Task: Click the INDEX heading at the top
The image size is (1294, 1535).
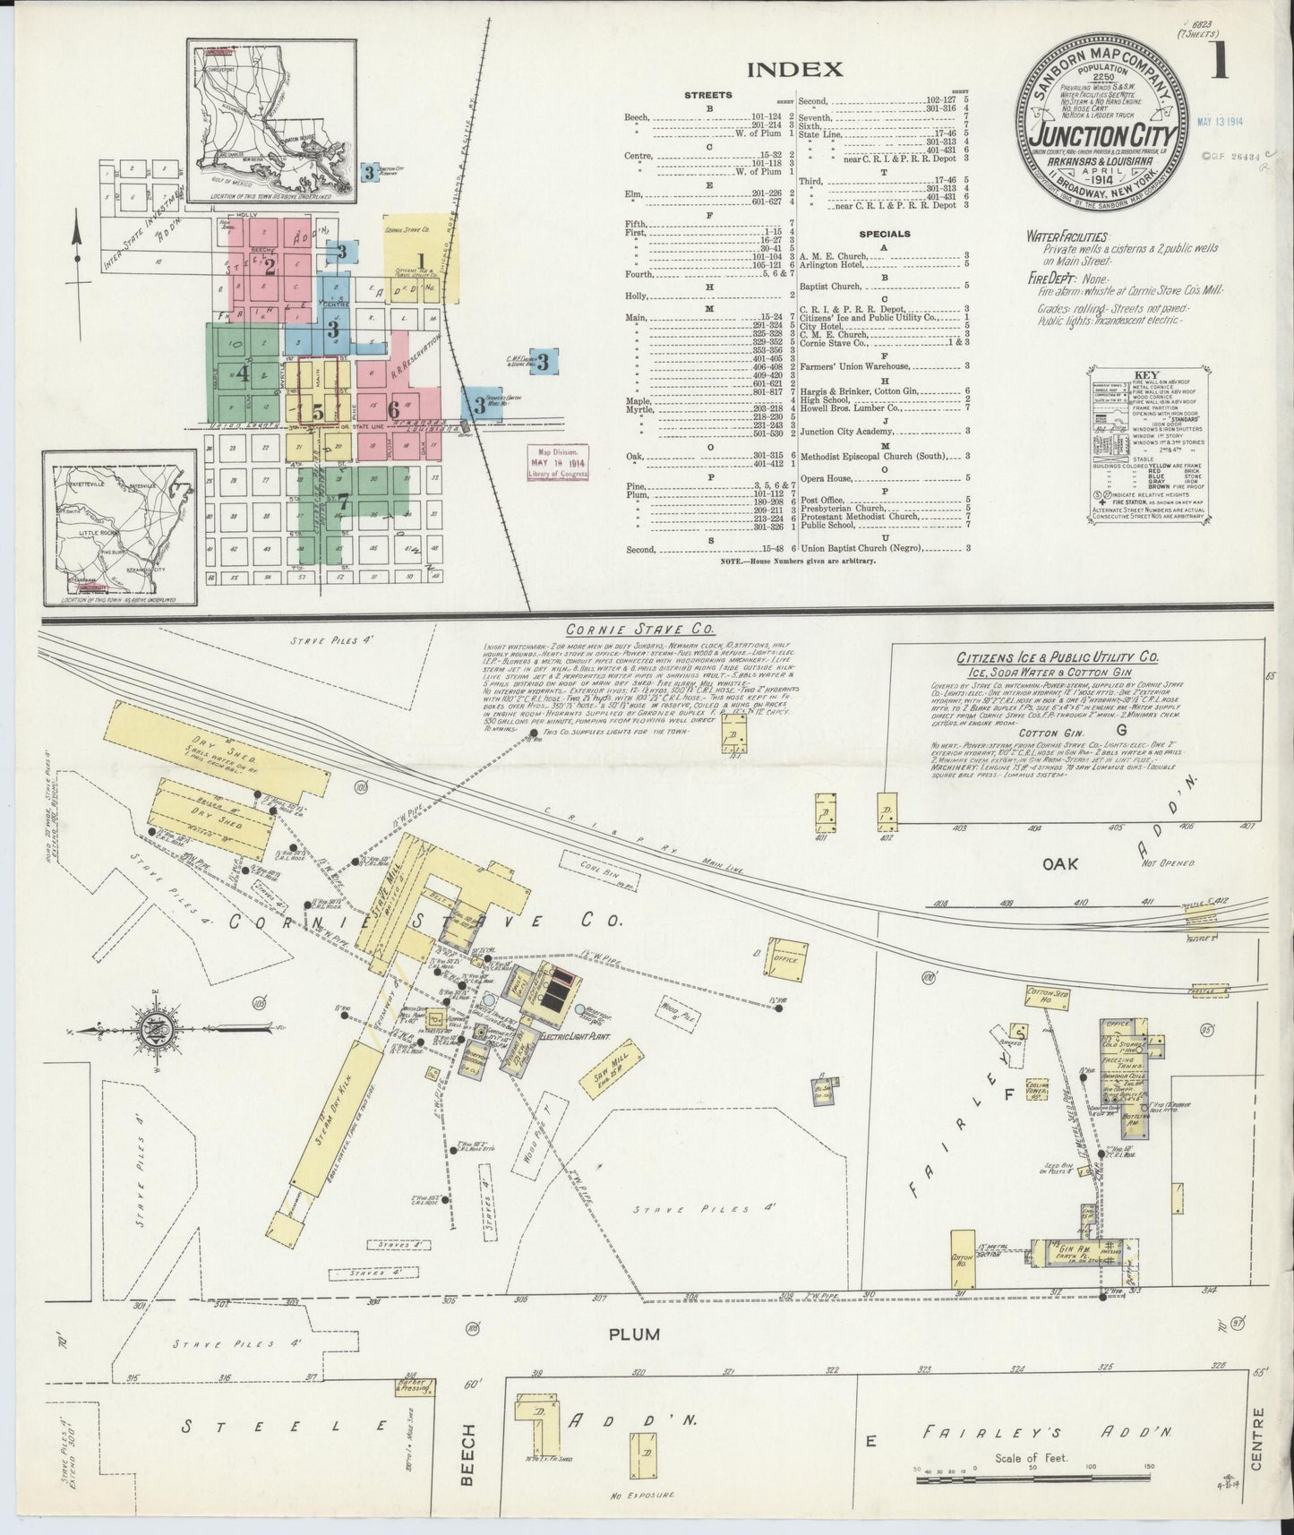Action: click(794, 70)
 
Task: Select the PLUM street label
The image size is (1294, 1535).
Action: click(635, 1333)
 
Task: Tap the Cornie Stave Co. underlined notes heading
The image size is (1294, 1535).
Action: click(613, 630)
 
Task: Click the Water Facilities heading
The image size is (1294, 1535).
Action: click(1067, 237)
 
